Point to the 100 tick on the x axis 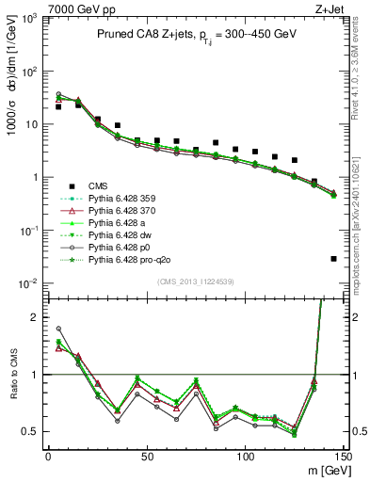pos(245,456)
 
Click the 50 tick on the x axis pos(146,456)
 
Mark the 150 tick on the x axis pos(343,456)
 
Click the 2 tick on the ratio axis pos(38,317)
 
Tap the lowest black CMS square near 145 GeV pos(334,258)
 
